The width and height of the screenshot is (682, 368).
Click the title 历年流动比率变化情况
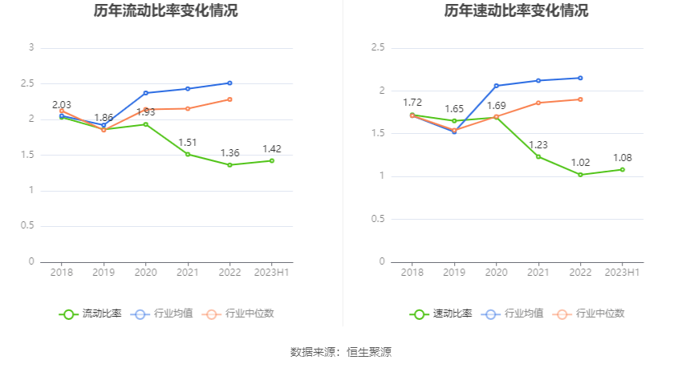165,11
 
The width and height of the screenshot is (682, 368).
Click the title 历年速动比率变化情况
516,11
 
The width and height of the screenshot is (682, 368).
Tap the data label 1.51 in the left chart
188,143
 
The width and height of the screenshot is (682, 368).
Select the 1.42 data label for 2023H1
272,149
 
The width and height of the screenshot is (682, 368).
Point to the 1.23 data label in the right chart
538,145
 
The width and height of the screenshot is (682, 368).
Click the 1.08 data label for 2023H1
623,158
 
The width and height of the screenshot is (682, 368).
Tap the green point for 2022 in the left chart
229,165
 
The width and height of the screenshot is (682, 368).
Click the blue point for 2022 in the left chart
229,83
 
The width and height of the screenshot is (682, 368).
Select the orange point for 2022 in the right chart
580,99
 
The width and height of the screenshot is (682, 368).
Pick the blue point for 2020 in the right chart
496,86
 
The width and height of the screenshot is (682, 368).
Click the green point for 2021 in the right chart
538,156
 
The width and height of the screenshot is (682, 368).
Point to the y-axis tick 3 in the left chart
31,48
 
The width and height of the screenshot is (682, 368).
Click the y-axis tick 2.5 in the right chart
378,48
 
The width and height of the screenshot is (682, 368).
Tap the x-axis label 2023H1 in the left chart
272,273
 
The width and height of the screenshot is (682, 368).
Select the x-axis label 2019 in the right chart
454,273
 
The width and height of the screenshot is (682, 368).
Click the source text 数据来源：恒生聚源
340,352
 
